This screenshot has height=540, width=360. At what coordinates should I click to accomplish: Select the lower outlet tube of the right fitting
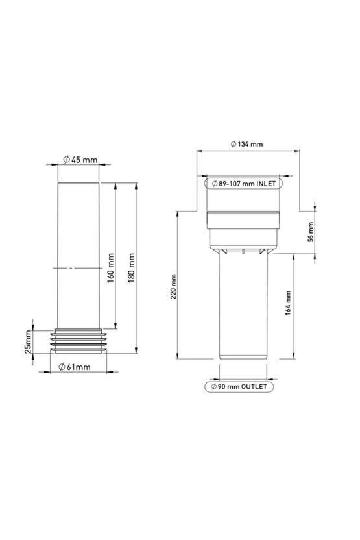click(x=243, y=305)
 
